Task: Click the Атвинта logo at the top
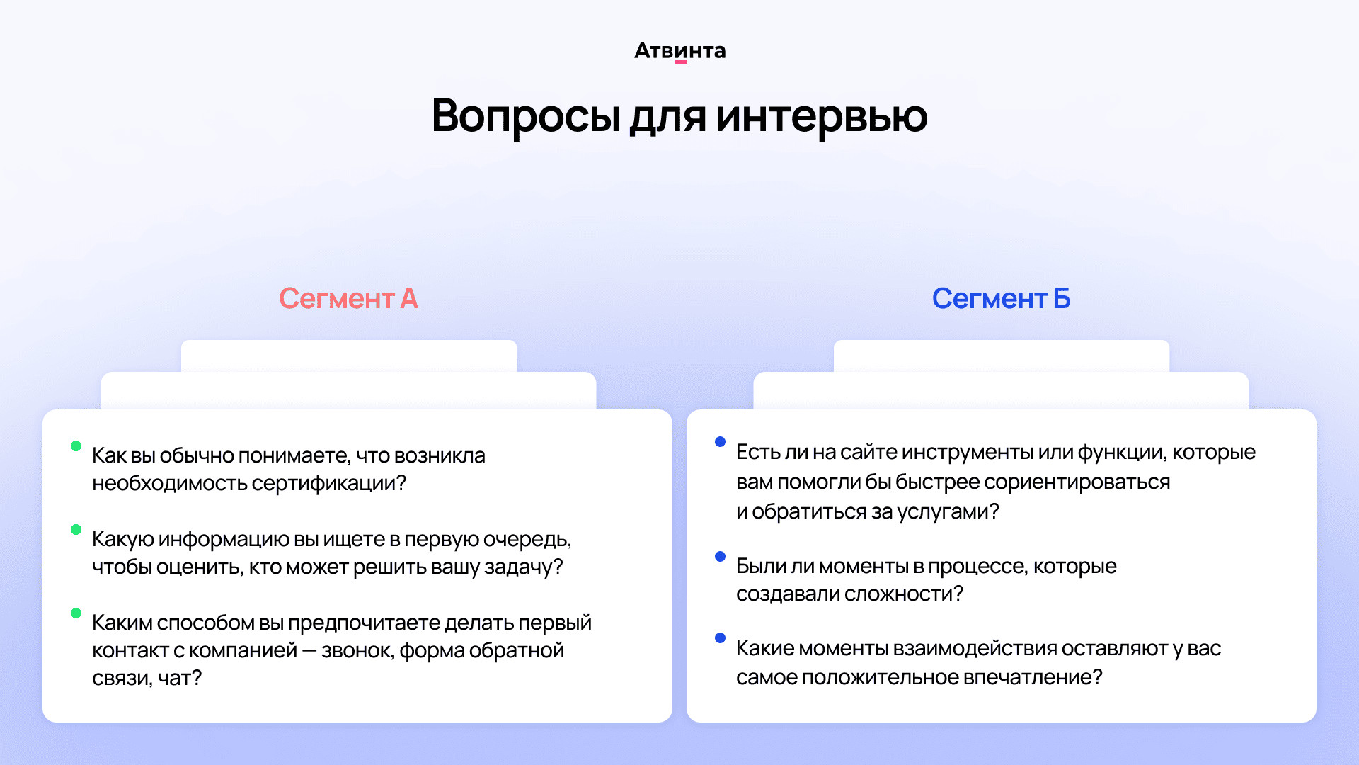(x=679, y=51)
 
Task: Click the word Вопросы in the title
(x=526, y=116)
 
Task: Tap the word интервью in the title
(x=821, y=116)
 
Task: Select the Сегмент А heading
(x=348, y=299)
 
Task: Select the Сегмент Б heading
(x=1001, y=299)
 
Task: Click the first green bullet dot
(x=76, y=446)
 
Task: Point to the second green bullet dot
(x=76, y=529)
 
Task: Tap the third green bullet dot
(x=76, y=613)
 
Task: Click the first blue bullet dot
(x=720, y=442)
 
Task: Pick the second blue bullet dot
(x=720, y=556)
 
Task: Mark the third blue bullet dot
(x=720, y=637)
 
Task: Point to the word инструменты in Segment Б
(x=968, y=453)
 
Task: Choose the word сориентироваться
(x=1077, y=482)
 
